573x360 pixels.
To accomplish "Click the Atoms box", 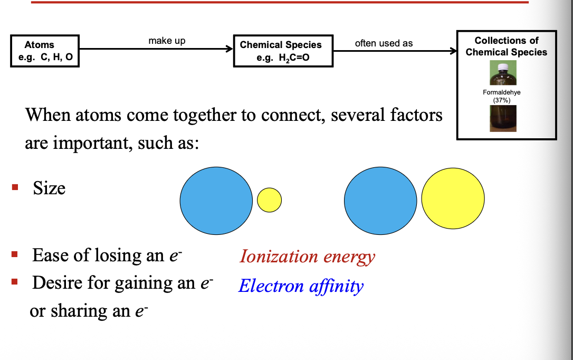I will click(45, 51).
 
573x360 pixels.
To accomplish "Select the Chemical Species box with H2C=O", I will click(283, 51).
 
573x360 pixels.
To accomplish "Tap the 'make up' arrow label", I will click(167, 41).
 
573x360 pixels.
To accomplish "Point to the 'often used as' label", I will click(384, 43).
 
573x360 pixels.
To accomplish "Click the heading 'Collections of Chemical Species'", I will click(506, 46).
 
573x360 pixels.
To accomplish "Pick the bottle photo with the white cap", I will click(503, 73).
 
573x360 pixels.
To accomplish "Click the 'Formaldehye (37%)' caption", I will click(502, 96).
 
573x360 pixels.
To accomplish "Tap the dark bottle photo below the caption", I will click(503, 118).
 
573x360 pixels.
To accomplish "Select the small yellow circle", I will click(269, 200).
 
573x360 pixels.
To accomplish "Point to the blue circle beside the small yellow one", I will click(216, 201).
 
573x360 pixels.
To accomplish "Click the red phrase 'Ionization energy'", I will click(307, 257).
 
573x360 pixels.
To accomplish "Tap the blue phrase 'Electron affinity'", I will click(301, 286).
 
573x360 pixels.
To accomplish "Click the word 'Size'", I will click(49, 188).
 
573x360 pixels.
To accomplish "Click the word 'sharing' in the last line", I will click(80, 311).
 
